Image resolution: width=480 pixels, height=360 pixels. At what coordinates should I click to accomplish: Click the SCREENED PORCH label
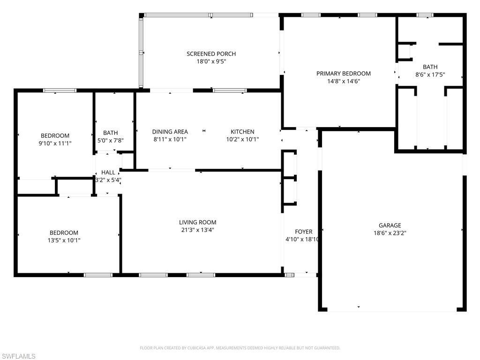(x=211, y=54)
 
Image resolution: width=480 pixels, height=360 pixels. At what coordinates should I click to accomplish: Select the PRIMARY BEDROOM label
(x=343, y=74)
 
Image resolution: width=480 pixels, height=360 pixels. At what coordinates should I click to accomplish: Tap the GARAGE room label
(x=390, y=225)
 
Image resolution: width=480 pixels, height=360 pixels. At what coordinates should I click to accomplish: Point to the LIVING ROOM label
(x=197, y=222)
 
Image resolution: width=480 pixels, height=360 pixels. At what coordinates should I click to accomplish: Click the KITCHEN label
(x=242, y=132)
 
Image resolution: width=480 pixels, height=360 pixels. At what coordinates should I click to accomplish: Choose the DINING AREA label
(x=170, y=132)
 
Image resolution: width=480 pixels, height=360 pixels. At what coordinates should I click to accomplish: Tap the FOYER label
(x=303, y=232)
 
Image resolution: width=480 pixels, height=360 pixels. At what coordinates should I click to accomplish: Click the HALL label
(x=108, y=172)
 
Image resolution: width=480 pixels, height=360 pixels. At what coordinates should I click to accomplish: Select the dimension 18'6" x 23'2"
(x=390, y=233)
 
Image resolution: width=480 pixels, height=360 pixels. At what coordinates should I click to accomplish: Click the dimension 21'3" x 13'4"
(x=197, y=230)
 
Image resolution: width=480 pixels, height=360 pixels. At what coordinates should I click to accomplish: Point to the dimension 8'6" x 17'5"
(x=430, y=75)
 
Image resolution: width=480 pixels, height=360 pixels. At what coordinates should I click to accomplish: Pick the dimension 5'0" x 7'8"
(x=111, y=140)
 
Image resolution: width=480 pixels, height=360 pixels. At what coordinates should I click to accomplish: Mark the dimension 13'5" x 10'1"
(x=64, y=240)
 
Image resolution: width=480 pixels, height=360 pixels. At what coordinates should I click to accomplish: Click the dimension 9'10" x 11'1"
(x=55, y=143)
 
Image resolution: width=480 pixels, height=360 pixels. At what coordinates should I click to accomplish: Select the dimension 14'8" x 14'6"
(x=343, y=81)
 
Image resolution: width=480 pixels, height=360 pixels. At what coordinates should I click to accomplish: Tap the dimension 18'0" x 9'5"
(x=211, y=61)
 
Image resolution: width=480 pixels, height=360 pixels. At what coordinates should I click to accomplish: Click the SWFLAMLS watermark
(x=18, y=356)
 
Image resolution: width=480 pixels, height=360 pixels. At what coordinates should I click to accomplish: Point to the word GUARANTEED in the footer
(x=325, y=348)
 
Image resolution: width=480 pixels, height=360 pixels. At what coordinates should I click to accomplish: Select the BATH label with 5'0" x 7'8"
(x=111, y=133)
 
